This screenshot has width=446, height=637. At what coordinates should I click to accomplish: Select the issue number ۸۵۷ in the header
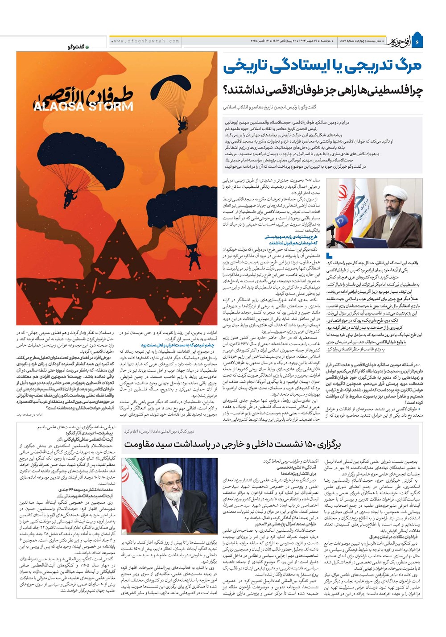tap(344, 41)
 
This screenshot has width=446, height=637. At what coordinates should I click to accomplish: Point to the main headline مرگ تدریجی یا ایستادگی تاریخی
tap(322, 66)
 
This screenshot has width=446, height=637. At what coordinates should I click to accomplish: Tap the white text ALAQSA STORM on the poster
tap(83, 106)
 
